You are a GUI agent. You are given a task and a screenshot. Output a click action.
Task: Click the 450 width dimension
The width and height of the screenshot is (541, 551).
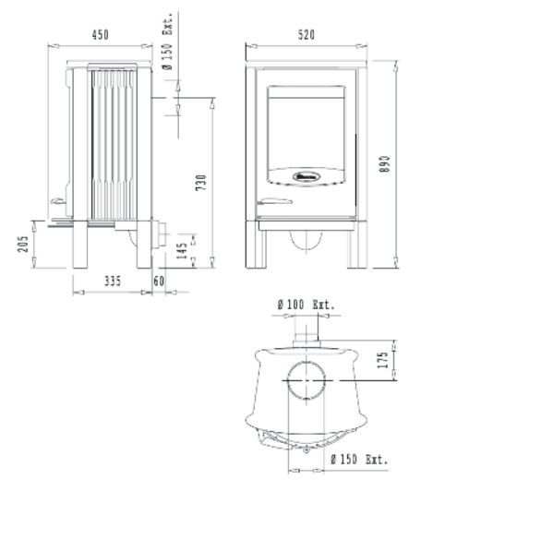coord(101,35)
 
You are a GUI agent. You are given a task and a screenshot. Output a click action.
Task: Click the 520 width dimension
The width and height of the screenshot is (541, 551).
coord(307,35)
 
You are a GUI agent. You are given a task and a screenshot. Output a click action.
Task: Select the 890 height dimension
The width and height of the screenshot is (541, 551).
coord(385,164)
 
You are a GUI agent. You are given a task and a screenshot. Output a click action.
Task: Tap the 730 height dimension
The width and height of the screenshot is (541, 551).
coord(201,183)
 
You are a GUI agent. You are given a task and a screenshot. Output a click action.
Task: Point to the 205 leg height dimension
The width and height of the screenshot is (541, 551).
coord(23,244)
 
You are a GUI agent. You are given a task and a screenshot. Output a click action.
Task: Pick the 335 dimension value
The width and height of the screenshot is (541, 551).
coord(113,281)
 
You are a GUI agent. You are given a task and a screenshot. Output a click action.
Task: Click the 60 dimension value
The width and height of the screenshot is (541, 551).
coord(159,281)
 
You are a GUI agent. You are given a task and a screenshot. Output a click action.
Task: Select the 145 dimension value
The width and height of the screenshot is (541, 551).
coord(182,251)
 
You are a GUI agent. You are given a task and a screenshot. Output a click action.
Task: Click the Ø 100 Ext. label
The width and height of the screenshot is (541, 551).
coord(306,305)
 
